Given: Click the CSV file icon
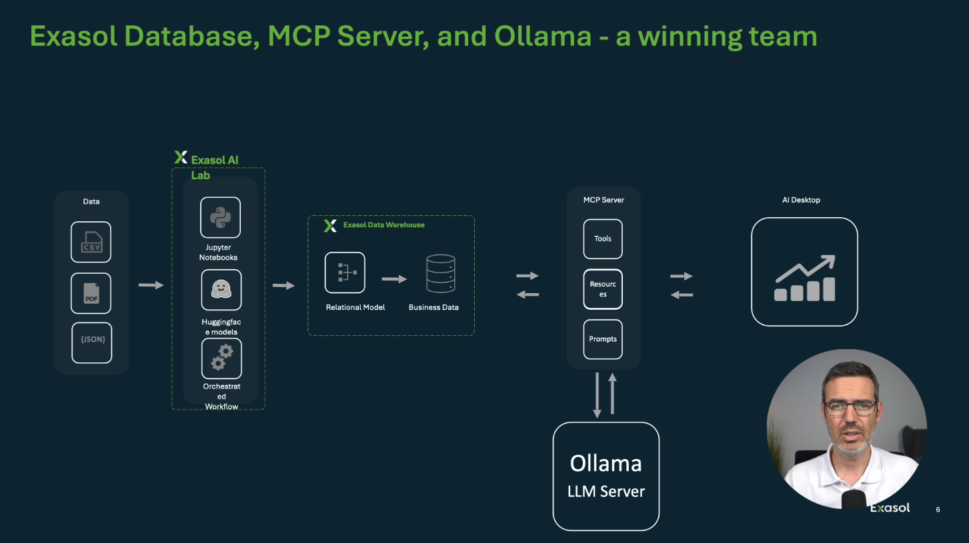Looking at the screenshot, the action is [x=91, y=242].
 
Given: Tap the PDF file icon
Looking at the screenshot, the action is [x=91, y=293].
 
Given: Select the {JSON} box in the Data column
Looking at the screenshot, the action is [x=92, y=343].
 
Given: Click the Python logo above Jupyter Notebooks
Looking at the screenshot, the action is [x=220, y=217].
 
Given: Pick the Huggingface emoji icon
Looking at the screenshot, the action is [x=221, y=290].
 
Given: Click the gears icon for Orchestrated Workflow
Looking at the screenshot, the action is [x=221, y=358].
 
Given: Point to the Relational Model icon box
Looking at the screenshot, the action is [x=345, y=272].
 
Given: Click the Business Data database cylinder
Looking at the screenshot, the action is [x=441, y=274].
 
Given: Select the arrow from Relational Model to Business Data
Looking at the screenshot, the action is [x=394, y=279].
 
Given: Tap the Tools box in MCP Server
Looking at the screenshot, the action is [x=603, y=239].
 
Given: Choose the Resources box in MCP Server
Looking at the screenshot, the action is [x=603, y=289].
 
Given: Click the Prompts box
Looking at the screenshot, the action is [x=603, y=339].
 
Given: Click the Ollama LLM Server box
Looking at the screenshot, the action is [x=606, y=476].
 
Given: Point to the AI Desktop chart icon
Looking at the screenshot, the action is [x=805, y=278].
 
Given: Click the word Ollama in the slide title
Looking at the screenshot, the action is [x=542, y=37].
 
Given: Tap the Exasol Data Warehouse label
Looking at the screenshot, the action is [x=383, y=225].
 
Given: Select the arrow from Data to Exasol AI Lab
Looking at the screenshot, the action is [x=151, y=285].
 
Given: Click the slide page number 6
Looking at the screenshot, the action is [x=938, y=510].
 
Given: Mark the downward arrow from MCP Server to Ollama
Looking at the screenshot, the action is [x=597, y=395].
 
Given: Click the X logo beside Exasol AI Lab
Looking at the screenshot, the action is [x=181, y=157].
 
